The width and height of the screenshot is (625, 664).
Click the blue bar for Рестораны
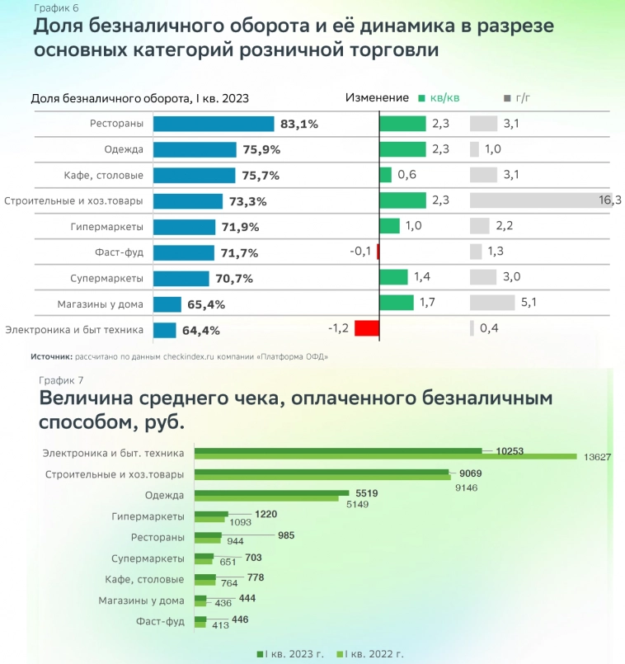[213, 124]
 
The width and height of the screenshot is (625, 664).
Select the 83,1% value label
[299, 125]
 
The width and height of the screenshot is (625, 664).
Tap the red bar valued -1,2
[367, 328]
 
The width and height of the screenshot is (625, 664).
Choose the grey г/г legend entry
[517, 97]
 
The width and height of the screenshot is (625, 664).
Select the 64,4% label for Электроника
[201, 331]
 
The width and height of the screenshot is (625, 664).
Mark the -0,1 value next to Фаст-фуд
[361, 252]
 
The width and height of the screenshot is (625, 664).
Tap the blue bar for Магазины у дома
[167, 304]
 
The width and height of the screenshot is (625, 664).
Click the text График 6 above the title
[51, 7]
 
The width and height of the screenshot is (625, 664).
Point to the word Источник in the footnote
[51, 356]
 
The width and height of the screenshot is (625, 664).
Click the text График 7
[60, 379]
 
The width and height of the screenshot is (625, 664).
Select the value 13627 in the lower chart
[596, 457]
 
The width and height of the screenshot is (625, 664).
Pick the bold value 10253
[510, 450]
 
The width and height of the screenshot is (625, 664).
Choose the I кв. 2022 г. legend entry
[371, 653]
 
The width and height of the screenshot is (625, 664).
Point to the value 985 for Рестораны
[285, 535]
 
